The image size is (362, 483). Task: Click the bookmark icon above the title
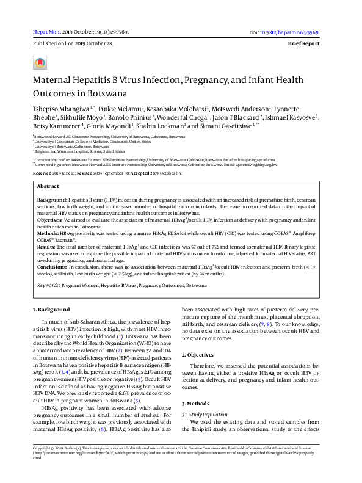tap(40, 63)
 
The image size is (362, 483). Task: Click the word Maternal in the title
tap(53, 80)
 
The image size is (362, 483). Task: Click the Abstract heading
tap(48, 186)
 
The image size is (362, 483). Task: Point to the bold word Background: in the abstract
tap(52, 200)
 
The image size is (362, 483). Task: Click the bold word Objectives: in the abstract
tap(51, 219)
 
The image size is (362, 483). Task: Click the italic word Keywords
tap(49, 285)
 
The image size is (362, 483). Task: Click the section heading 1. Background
tap(51, 310)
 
